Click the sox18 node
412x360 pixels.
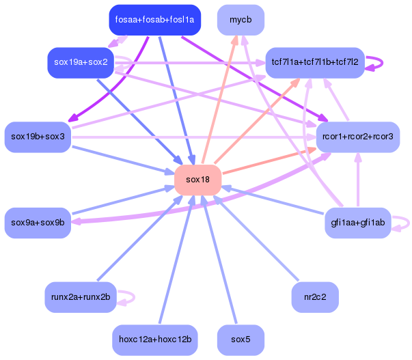198,180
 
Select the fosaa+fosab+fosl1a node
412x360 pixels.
155,20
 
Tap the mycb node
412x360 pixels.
241,20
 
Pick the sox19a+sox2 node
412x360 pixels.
81,63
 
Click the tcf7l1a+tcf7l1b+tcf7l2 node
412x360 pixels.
315,63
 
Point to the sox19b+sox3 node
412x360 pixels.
38,137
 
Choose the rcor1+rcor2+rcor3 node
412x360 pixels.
358,137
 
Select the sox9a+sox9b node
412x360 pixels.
38,223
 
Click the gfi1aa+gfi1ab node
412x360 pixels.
358,223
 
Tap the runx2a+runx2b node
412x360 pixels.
81,297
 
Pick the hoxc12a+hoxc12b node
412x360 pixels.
155,340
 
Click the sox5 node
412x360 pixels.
241,340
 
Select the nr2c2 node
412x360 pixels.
315,297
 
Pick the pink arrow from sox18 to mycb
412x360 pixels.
219,99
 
